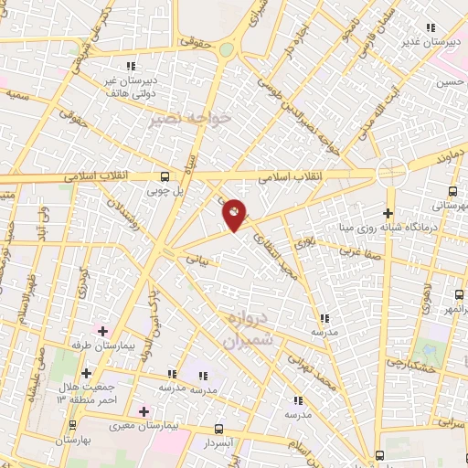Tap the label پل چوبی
(165, 193)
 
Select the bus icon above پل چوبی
(165, 177)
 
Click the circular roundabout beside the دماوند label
(392, 169)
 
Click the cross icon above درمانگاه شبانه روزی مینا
(388, 213)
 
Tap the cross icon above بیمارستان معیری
(142, 410)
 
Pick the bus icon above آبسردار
(217, 428)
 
